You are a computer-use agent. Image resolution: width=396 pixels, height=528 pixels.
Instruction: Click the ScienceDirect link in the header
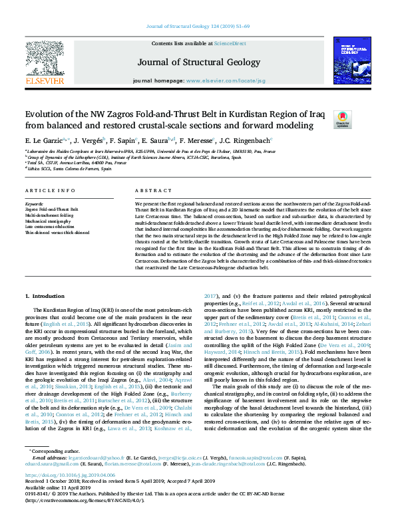click(230, 43)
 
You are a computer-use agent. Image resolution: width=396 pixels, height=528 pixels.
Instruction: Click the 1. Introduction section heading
click(45, 295)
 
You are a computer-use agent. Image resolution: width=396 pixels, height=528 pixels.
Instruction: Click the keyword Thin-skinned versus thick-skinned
click(57, 233)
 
